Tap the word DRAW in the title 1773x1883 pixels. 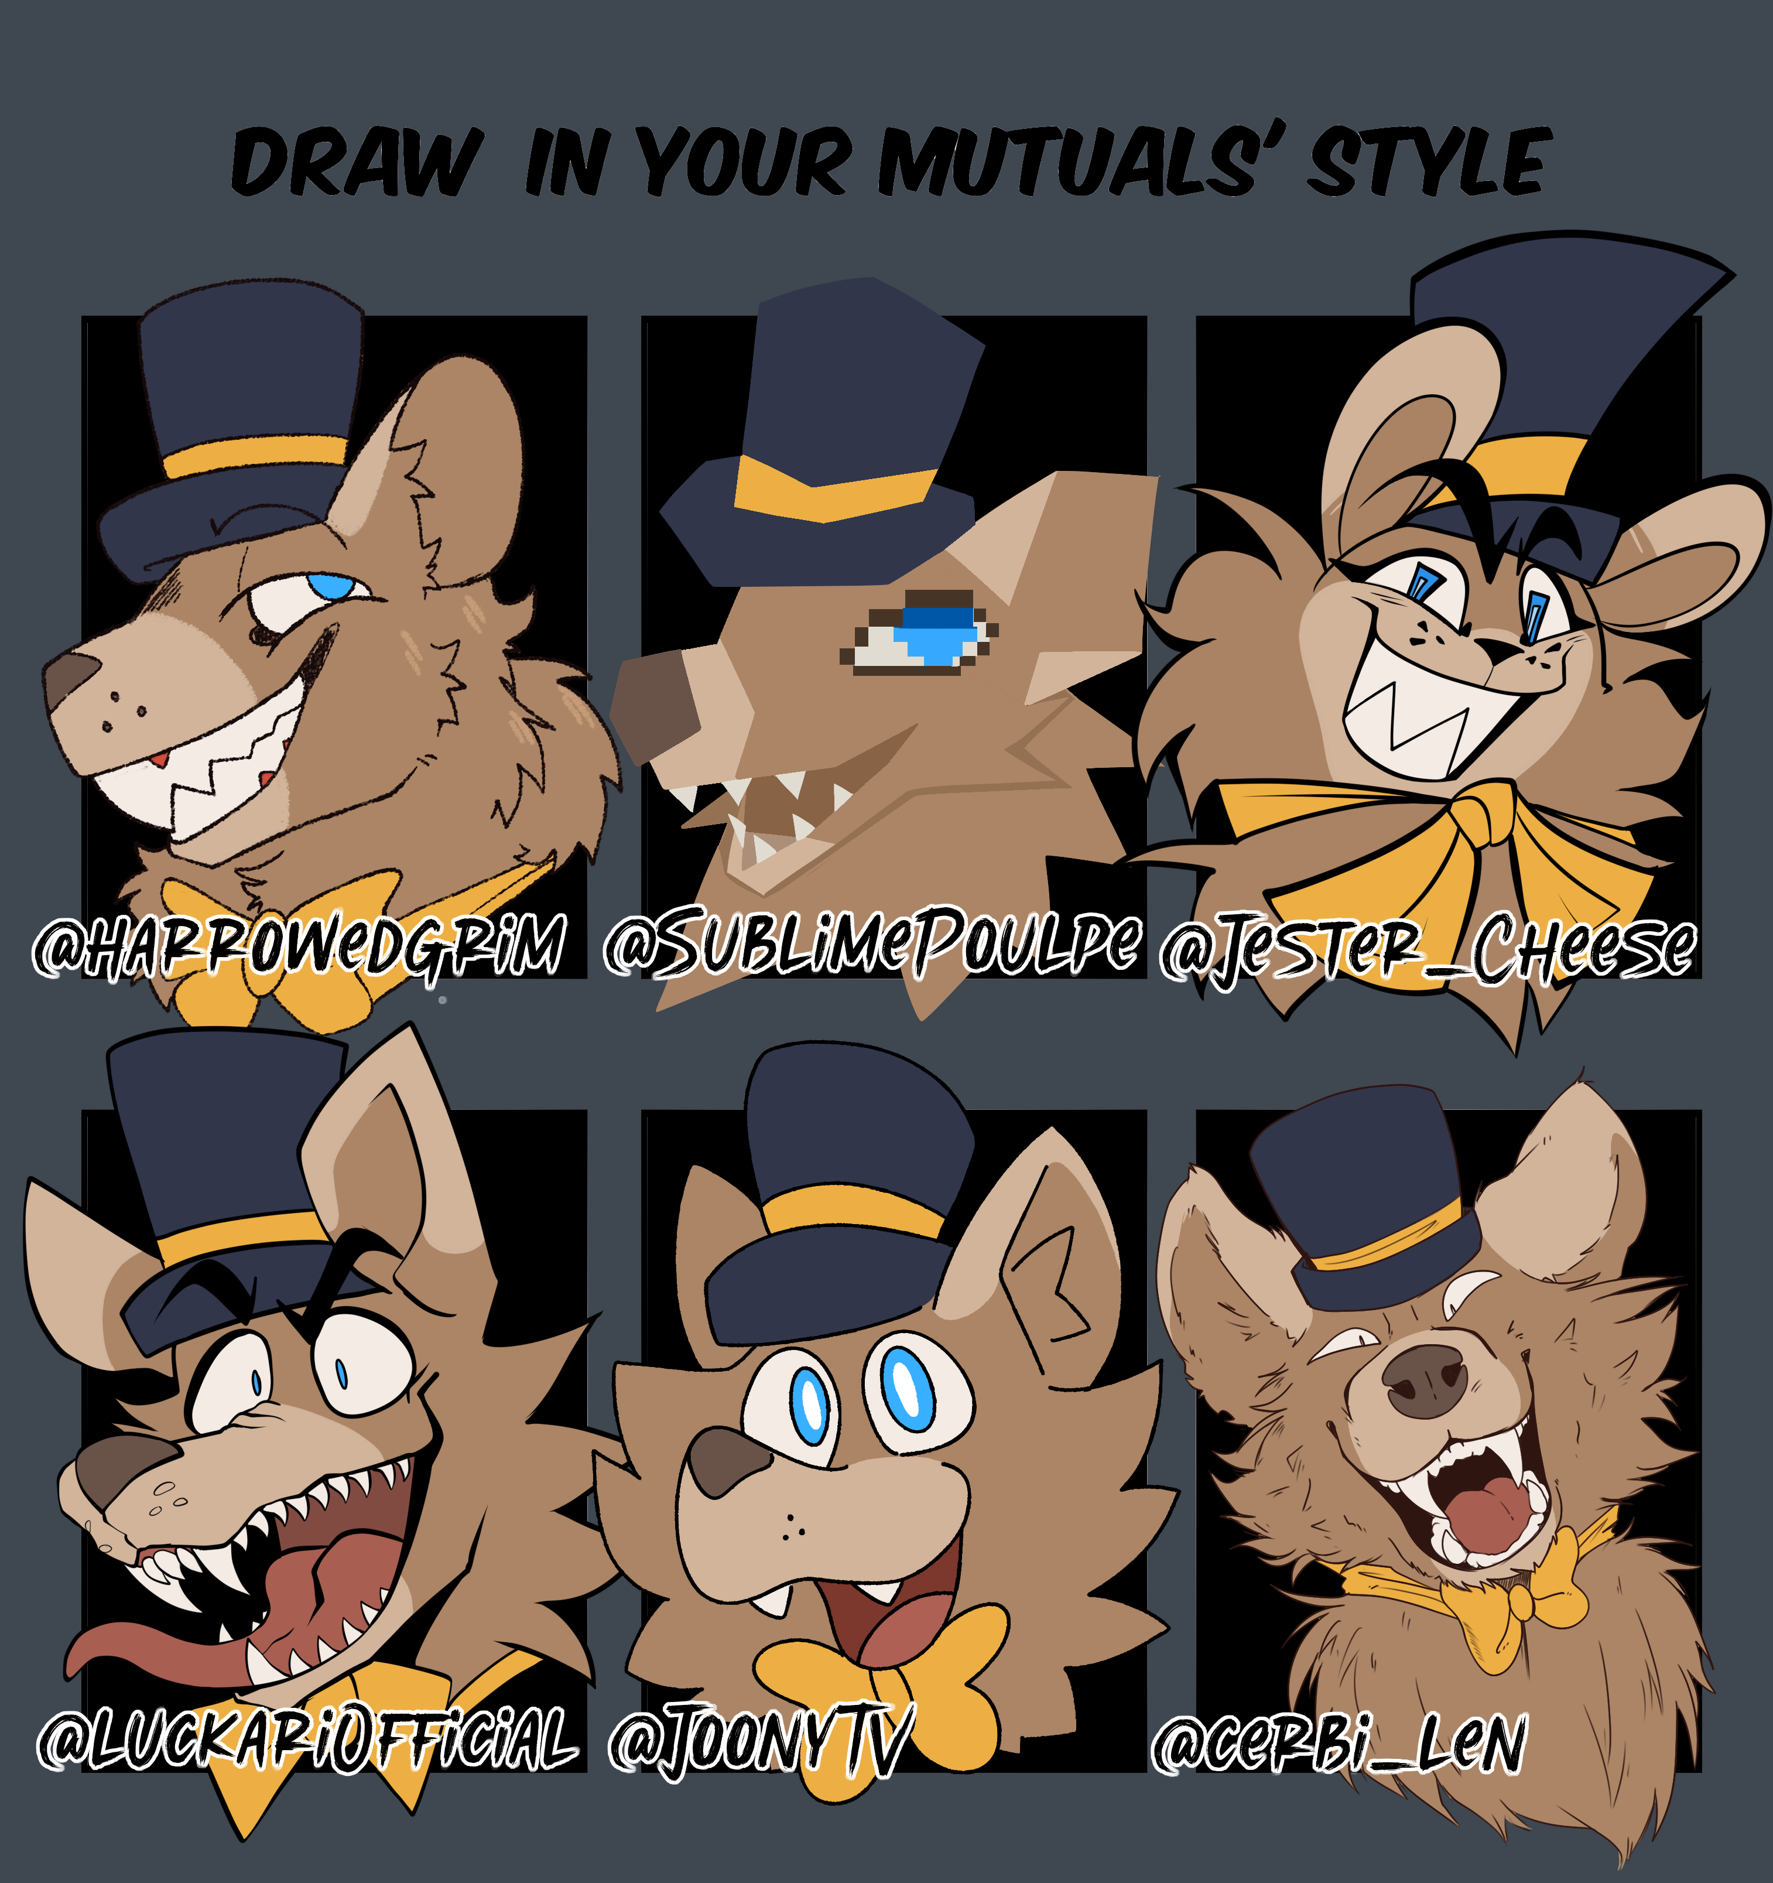(356, 162)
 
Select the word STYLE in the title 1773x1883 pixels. (1429, 162)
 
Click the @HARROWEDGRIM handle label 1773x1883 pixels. (299, 945)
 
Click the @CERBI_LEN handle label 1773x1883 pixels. (1339, 1743)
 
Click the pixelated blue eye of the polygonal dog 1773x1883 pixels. (937, 632)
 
